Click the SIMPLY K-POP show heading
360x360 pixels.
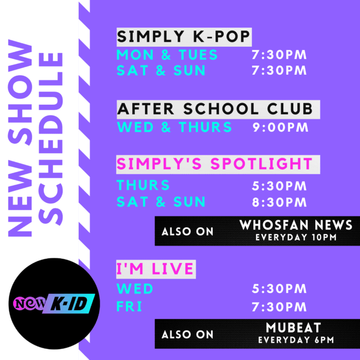pos(184,37)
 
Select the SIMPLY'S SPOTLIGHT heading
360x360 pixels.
pos(214,164)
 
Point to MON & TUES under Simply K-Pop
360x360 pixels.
pos(167,54)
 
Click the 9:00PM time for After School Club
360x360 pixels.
pos(280,127)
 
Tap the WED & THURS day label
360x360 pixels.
pos(174,127)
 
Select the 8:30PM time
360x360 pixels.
pos(280,202)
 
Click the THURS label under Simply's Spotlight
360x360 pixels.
pos(143,186)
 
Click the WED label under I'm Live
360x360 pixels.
pos(135,289)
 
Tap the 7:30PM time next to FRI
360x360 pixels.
pos(280,307)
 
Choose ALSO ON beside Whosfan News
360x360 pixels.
pos(188,232)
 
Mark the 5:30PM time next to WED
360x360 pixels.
pos(280,289)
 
